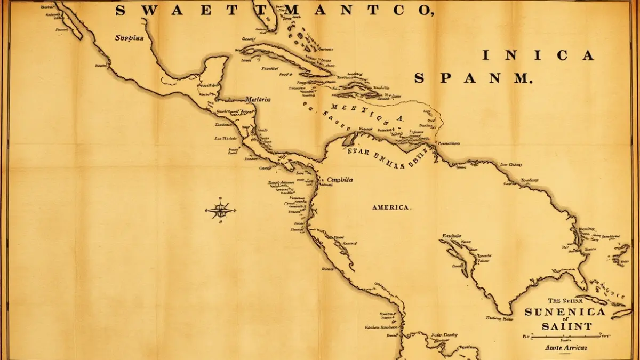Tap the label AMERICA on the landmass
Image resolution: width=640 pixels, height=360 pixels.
click(x=391, y=207)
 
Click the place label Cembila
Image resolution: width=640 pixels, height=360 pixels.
click(x=340, y=180)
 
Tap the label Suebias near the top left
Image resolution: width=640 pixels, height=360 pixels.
click(x=129, y=38)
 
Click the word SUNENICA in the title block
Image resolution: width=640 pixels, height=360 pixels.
click(x=565, y=313)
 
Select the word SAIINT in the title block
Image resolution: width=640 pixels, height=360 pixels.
click(x=565, y=326)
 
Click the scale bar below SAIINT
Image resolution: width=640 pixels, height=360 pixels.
click(x=566, y=337)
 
